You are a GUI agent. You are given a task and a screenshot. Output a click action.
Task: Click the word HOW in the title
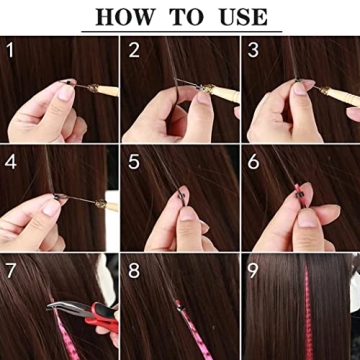[x=129, y=17]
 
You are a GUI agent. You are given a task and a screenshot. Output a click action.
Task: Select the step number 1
[x=10, y=49]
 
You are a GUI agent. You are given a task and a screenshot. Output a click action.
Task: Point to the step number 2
[x=134, y=49]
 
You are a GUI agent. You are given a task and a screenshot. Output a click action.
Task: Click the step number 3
[x=254, y=49]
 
